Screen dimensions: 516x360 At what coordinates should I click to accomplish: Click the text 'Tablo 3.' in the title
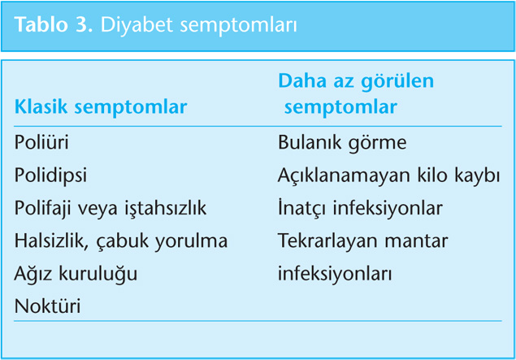pyautogui.click(x=54, y=25)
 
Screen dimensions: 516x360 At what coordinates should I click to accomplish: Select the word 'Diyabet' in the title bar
pyautogui.click(x=137, y=25)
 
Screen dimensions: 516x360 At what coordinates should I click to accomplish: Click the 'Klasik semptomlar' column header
pyautogui.click(x=101, y=107)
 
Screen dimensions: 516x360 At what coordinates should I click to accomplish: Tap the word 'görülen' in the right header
pyautogui.click(x=397, y=82)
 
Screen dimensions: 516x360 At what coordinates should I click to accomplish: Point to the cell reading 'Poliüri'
pyautogui.click(x=41, y=142)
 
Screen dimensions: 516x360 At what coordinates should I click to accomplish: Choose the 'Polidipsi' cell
pyautogui.click(x=50, y=175)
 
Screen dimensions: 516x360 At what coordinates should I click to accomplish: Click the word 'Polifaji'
pyautogui.click(x=43, y=208)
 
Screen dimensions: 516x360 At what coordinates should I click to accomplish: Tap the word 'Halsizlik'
pyautogui.click(x=51, y=241)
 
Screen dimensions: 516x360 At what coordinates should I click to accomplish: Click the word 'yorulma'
pyautogui.click(x=191, y=241)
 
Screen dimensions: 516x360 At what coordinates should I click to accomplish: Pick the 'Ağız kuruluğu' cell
pyautogui.click(x=76, y=274)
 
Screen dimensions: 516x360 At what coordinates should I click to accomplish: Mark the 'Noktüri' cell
pyautogui.click(x=47, y=306)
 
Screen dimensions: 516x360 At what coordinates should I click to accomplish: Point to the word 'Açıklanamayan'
pyautogui.click(x=345, y=176)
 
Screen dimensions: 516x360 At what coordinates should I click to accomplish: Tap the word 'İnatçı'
pyautogui.click(x=303, y=208)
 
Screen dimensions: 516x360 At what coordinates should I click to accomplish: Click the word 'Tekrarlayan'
pyautogui.click(x=327, y=241)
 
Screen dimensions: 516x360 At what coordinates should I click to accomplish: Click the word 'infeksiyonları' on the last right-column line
pyautogui.click(x=335, y=274)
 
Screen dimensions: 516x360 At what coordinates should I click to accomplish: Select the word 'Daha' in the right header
pyautogui.click(x=303, y=81)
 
